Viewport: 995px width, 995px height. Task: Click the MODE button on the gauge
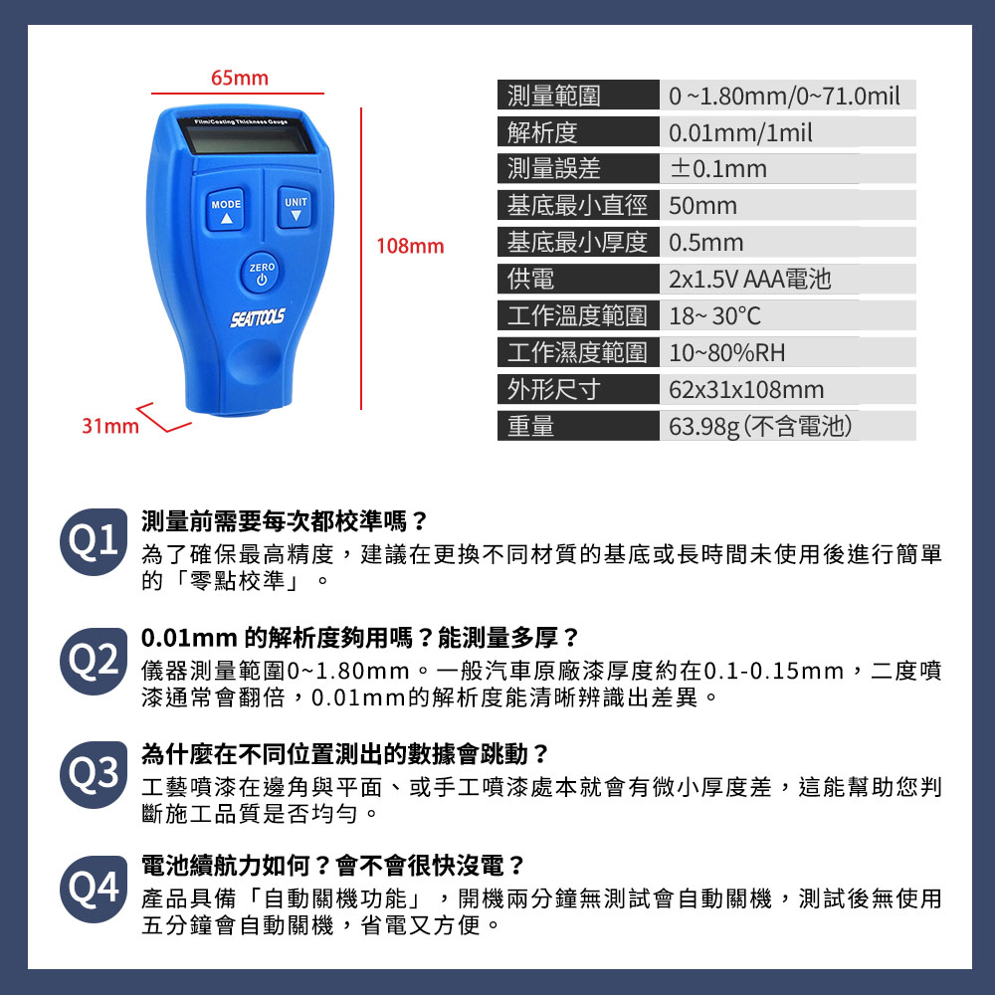pos(225,209)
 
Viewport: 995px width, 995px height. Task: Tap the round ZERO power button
pos(262,274)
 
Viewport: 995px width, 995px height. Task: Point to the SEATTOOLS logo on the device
pos(257,317)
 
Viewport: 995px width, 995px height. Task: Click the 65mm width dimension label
pos(239,78)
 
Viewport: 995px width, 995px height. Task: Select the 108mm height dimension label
pos(410,246)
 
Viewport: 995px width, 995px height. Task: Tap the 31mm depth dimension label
pos(109,426)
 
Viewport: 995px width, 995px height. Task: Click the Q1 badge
pos(94,541)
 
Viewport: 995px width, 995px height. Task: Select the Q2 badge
pos(94,661)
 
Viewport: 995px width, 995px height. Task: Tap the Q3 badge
pos(94,774)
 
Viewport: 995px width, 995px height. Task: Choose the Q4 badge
pos(94,889)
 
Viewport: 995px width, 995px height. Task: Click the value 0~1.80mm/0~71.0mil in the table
pos(784,96)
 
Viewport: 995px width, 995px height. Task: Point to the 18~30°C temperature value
pos(714,315)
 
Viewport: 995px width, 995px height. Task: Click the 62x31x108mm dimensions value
pos(746,390)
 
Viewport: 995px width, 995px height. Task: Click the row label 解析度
pos(542,132)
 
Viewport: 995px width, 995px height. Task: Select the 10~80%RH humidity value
pos(726,353)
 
